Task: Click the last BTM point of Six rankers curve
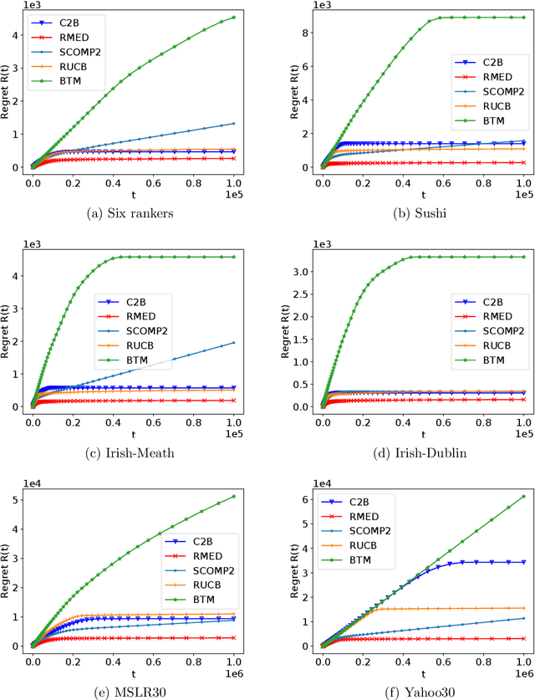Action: coord(233,17)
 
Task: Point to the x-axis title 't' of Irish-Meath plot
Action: coord(133,430)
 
